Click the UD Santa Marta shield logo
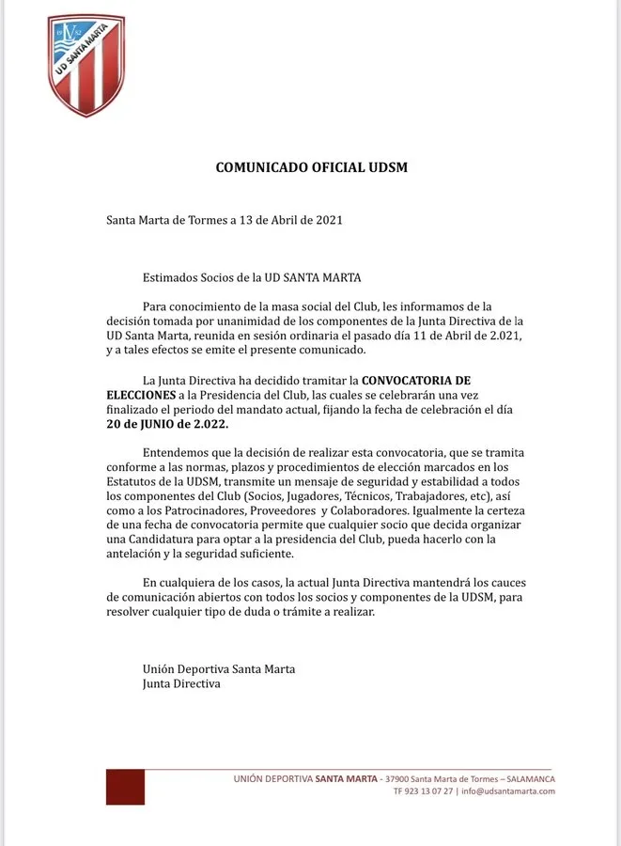point(85,65)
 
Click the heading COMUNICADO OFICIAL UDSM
point(311,168)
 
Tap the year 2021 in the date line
point(324,222)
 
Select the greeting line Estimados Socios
point(252,277)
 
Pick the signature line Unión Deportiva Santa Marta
point(219,668)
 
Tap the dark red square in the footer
point(125,787)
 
